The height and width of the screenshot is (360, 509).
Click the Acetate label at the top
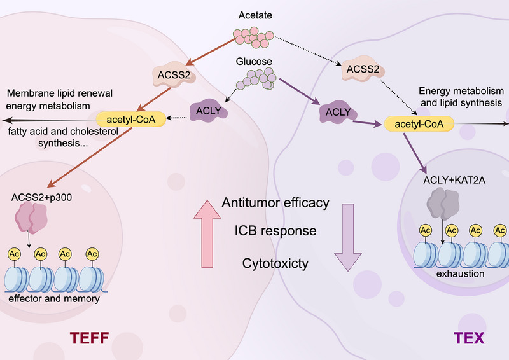pyautogui.click(x=255, y=15)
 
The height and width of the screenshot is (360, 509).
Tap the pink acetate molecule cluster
pyautogui.click(x=253, y=38)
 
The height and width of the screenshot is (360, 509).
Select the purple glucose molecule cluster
pyautogui.click(x=256, y=79)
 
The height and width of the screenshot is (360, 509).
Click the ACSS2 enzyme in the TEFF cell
pyautogui.click(x=174, y=74)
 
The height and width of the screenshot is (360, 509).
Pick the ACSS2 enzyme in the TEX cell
pyautogui.click(x=363, y=69)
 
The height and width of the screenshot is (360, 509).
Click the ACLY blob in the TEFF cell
pyautogui.click(x=209, y=111)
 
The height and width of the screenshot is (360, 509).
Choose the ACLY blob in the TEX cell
pyautogui.click(x=338, y=112)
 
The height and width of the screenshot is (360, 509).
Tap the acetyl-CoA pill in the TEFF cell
pyautogui.click(x=131, y=120)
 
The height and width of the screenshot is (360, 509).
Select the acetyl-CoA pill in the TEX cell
pyautogui.click(x=419, y=124)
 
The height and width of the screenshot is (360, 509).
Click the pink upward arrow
pyautogui.click(x=207, y=233)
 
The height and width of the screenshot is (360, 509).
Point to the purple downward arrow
pyautogui.click(x=348, y=237)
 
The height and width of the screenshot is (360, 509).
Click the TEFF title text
pyautogui.click(x=89, y=338)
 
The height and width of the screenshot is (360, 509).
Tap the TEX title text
pyautogui.click(x=469, y=338)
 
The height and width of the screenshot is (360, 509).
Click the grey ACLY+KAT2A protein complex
pyautogui.click(x=443, y=204)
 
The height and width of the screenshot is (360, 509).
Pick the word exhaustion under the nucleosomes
pyautogui.click(x=460, y=273)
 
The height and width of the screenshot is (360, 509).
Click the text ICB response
pyautogui.click(x=275, y=231)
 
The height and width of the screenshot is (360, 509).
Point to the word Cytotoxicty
pyautogui.click(x=275, y=263)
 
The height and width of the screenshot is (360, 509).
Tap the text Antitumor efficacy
pyautogui.click(x=275, y=202)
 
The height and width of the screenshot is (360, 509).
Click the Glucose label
pyautogui.click(x=254, y=61)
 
